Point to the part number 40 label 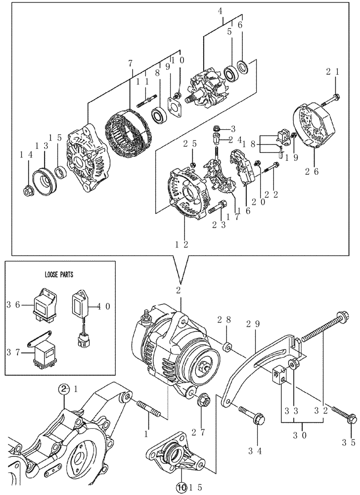105,307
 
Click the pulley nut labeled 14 28,189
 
